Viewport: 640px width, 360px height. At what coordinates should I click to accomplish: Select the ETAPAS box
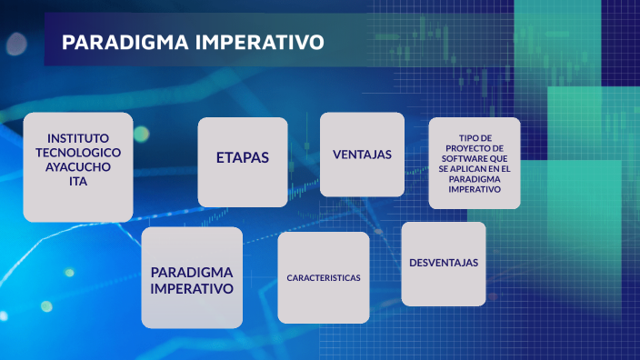pyautogui.click(x=243, y=157)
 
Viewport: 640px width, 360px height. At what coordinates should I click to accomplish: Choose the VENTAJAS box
pyautogui.click(x=362, y=155)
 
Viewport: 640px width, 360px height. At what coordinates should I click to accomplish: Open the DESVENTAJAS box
pyautogui.click(x=443, y=263)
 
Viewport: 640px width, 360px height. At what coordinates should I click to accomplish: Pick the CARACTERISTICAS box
pyautogui.click(x=323, y=277)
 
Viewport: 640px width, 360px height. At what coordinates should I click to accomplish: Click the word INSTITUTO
pyautogui.click(x=77, y=137)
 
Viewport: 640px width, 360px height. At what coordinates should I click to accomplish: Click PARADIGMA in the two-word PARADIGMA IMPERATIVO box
pyautogui.click(x=192, y=272)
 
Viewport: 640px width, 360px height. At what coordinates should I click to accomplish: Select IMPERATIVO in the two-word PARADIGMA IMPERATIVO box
pyautogui.click(x=192, y=288)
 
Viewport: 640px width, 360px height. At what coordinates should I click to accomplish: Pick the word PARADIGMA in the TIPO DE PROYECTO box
pyautogui.click(x=475, y=179)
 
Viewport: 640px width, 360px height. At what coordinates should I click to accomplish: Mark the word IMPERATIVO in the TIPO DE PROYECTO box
pyautogui.click(x=475, y=189)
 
